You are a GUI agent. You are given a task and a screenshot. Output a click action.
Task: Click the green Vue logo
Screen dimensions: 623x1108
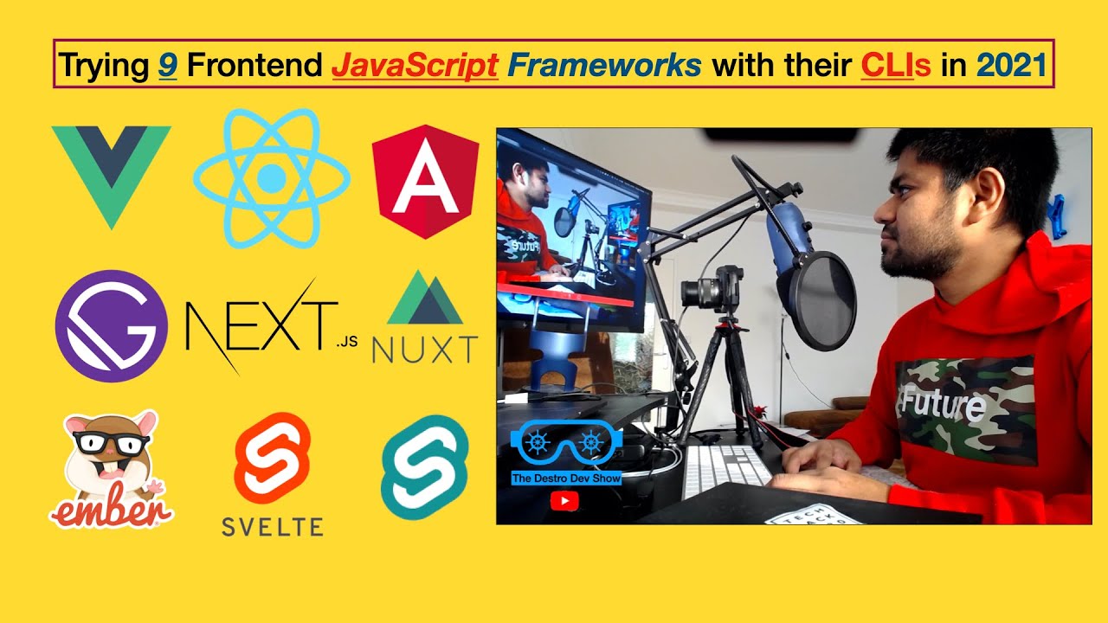tap(111, 169)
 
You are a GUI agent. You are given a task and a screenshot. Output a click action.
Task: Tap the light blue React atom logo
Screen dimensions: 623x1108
tap(271, 178)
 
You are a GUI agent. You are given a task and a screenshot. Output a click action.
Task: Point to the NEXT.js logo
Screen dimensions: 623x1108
tap(268, 327)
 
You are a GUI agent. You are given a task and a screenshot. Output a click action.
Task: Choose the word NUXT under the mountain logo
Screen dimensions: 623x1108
tap(424, 350)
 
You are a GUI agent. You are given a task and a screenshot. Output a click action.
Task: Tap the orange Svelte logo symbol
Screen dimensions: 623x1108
tap(272, 459)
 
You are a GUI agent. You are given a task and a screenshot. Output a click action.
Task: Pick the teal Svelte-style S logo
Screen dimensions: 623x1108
tap(424, 467)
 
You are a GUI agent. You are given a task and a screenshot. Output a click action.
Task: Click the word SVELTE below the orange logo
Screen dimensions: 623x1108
tap(272, 526)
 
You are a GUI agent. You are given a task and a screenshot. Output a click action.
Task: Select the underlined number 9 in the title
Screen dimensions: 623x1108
tap(168, 65)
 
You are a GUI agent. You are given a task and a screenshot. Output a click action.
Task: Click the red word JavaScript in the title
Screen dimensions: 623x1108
tap(415, 65)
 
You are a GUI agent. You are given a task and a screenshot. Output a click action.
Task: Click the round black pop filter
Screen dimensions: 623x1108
tap(817, 299)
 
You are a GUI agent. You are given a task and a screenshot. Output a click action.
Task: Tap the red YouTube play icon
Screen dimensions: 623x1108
tap(564, 499)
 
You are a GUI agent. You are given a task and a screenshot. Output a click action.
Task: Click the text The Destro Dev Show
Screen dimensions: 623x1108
tap(566, 478)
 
